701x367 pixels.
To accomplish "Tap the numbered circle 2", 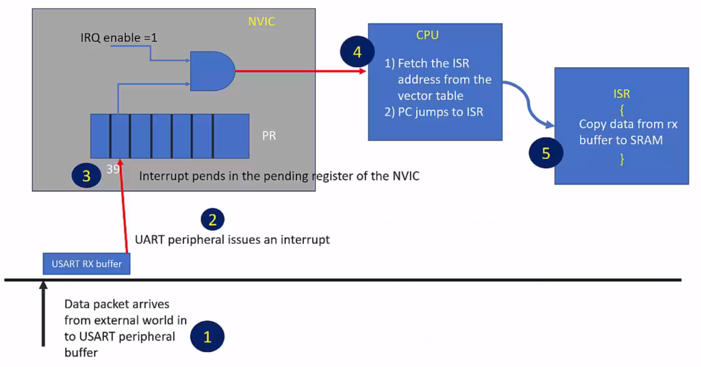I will [x=212, y=219].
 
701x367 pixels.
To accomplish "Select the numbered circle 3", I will [x=86, y=176].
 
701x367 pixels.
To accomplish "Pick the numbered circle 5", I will [x=546, y=153].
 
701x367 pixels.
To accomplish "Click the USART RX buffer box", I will [x=86, y=263].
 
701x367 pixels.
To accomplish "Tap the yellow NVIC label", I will [x=262, y=23].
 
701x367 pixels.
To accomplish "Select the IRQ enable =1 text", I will [x=118, y=38].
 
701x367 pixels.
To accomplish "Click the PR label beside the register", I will [x=269, y=136].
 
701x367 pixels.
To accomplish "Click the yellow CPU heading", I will [x=427, y=35].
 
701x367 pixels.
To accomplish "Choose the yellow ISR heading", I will [x=622, y=93].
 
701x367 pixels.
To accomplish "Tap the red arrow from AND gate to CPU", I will [x=301, y=71].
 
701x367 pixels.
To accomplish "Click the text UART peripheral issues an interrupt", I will [x=232, y=240].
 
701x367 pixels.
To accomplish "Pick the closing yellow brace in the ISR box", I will [x=622, y=159].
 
